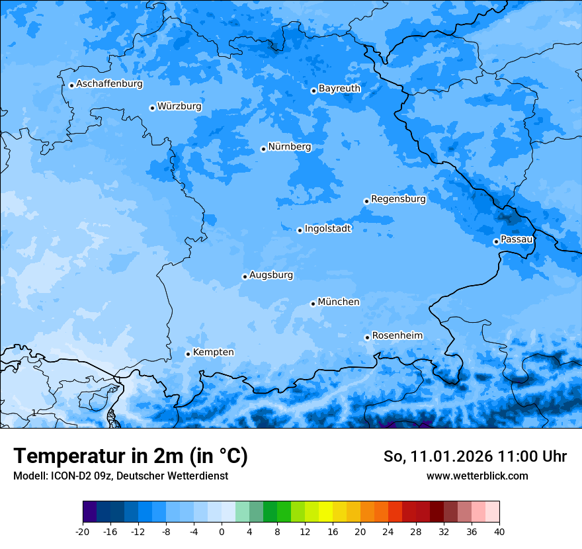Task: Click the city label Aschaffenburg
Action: [109, 84]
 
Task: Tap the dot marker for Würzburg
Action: [152, 108]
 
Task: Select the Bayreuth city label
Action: [339, 89]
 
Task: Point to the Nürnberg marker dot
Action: [263, 149]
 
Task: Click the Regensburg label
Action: [398, 199]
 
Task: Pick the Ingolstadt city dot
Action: [300, 230]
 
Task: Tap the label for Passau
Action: [517, 239]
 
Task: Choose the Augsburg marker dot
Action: [245, 276]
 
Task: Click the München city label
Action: [339, 302]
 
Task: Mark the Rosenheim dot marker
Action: [367, 337]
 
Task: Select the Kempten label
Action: [213, 353]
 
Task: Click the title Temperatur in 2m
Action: [130, 456]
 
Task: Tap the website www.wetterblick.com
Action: [477, 476]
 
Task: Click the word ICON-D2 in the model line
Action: [68, 476]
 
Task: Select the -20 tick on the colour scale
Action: [83, 531]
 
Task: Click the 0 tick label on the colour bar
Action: [222, 531]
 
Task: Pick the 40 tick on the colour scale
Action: [499, 531]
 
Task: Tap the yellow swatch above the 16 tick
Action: [325, 512]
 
